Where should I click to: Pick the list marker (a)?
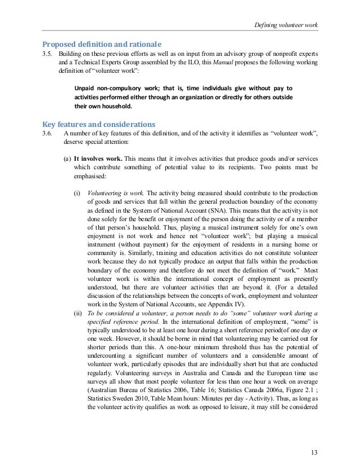coord(67,159)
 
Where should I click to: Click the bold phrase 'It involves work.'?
coord(98,159)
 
